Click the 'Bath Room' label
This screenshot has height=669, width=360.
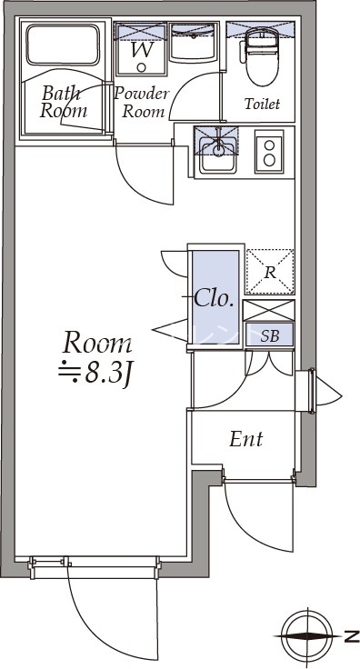(63, 102)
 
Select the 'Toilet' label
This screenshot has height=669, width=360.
(261, 105)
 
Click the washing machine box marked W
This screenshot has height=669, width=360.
(142, 47)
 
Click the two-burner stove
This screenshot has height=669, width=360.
(269, 150)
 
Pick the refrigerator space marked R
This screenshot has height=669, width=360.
(270, 271)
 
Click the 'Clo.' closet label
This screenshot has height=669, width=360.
(215, 298)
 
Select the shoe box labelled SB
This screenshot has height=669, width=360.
(270, 335)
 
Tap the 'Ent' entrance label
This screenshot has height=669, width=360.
(245, 440)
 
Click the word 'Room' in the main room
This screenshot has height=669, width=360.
(96, 344)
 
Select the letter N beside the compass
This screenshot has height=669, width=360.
(351, 635)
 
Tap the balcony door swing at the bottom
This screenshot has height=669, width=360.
(100, 618)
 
